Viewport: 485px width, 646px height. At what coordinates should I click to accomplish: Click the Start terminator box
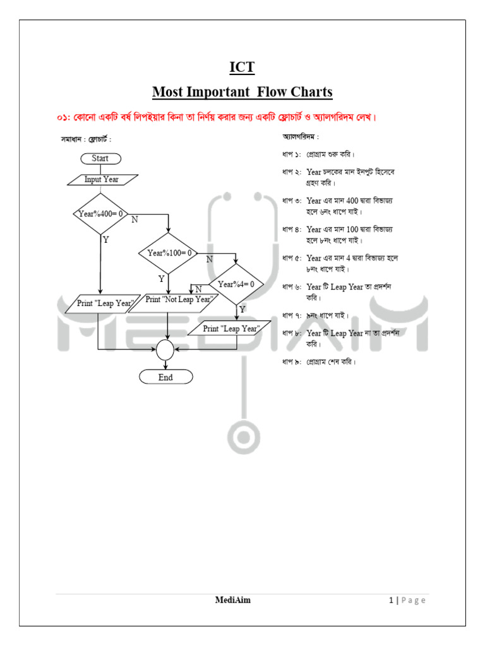(100, 158)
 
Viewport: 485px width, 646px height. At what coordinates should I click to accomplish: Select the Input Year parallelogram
(102, 179)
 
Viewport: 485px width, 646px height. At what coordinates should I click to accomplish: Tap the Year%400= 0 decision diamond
(100, 214)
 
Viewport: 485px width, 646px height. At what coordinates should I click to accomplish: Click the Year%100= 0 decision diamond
(169, 253)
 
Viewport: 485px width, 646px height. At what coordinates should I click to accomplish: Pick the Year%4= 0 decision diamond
(236, 285)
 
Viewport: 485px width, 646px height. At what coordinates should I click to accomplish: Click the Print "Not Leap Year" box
(178, 300)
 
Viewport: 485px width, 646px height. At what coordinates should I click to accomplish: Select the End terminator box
(165, 377)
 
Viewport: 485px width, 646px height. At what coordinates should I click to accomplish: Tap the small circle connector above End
(165, 349)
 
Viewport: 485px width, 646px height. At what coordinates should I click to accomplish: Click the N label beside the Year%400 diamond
(135, 220)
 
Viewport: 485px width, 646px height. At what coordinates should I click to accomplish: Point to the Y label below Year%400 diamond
(105, 240)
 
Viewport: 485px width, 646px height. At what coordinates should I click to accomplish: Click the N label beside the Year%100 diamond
(209, 259)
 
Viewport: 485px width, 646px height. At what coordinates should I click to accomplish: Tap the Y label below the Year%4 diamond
(242, 310)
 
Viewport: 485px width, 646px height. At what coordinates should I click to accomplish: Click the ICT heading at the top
(242, 68)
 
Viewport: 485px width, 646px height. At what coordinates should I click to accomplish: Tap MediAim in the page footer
(232, 600)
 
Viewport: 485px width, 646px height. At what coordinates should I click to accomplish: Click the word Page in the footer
(413, 601)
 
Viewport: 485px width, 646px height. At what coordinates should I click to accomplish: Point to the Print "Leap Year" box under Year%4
(231, 329)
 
